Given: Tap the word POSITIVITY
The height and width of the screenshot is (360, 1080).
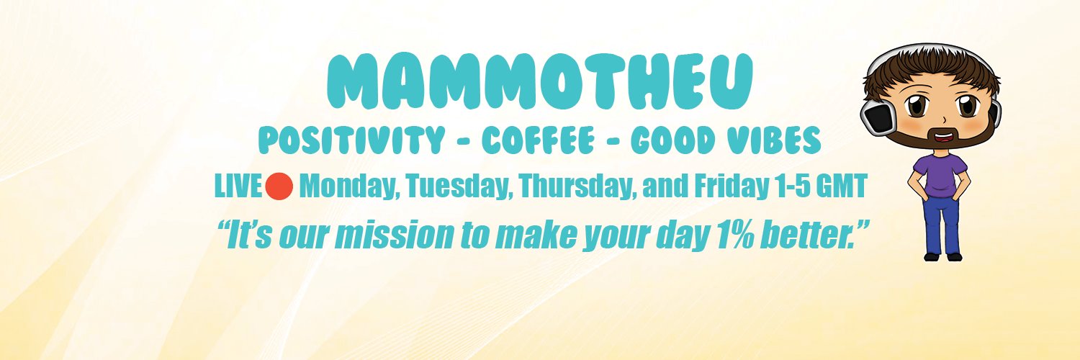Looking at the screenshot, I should pos(351,141).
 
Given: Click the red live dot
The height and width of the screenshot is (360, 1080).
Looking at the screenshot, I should pos(279,186).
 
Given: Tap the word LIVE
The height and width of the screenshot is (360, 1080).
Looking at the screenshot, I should pos(238,187).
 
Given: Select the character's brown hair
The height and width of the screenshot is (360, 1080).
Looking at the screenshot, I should pos(929,72).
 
